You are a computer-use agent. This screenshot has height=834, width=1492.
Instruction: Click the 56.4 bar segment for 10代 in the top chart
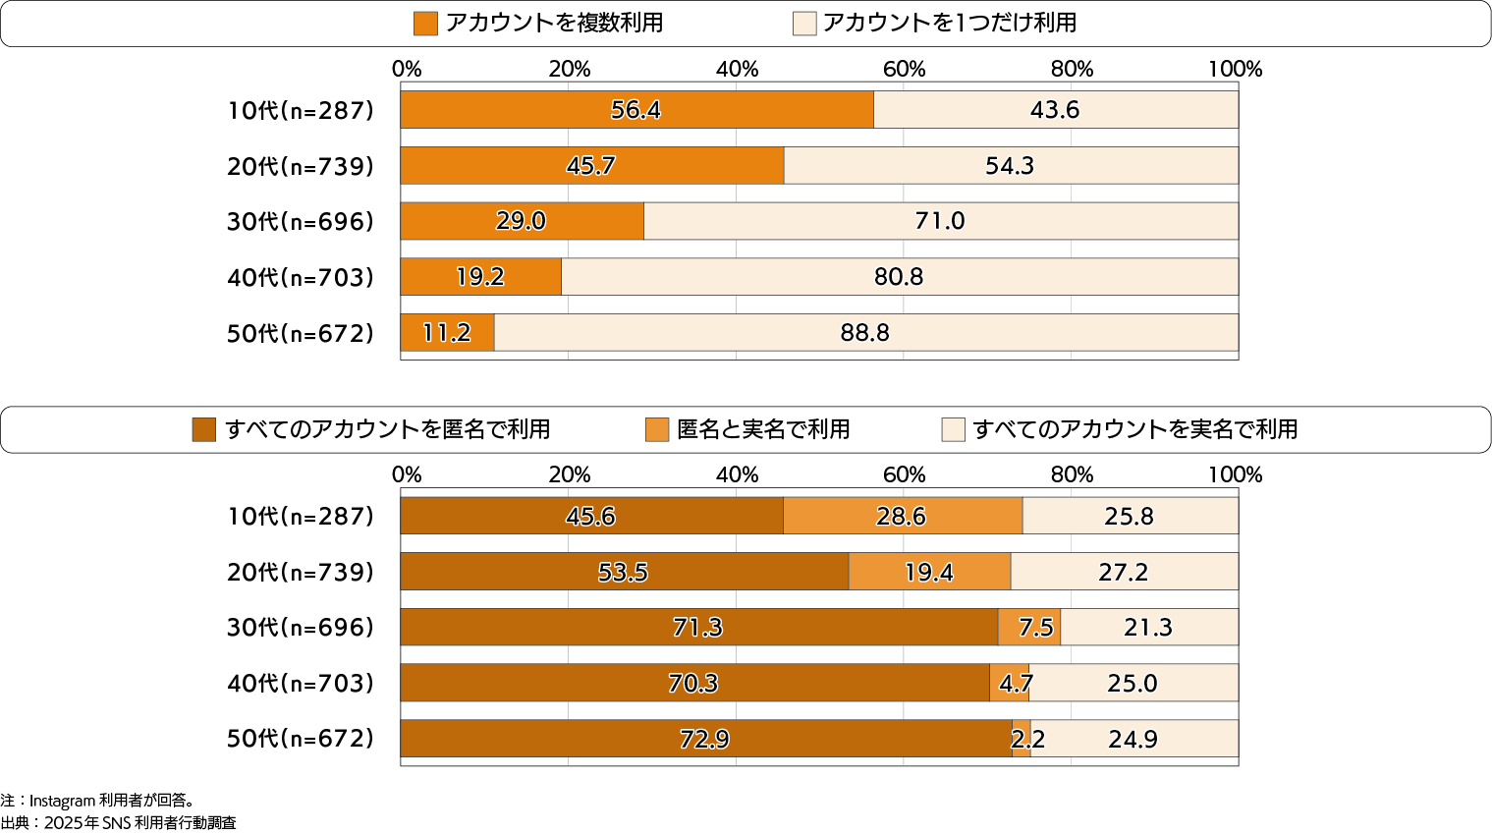coord(636,110)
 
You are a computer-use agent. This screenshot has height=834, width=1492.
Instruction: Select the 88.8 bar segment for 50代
coord(865,333)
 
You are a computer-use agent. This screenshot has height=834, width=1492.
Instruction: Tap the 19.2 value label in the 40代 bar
coord(480,277)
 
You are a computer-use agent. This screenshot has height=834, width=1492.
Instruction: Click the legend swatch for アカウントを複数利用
coord(425,24)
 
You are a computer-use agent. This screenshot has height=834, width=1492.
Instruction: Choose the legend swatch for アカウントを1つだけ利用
coord(804,24)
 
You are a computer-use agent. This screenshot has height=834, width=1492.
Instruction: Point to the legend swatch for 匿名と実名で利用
coord(657,429)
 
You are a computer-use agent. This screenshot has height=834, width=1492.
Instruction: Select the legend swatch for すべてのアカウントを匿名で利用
coord(204,429)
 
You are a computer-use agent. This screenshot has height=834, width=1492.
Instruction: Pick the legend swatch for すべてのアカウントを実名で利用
coord(953,429)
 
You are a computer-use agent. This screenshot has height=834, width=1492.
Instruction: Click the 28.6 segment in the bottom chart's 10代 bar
coord(902,516)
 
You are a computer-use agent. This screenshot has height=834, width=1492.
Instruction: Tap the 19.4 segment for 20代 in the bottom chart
coord(929,572)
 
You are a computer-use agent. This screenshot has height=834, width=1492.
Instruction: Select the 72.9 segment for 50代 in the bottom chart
coord(705,739)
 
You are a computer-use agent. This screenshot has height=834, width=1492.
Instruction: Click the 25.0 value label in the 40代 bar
coord(1133,684)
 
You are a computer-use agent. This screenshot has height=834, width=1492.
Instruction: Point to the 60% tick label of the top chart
coord(904,69)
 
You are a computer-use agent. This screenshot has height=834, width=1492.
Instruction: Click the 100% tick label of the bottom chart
coord(1235,474)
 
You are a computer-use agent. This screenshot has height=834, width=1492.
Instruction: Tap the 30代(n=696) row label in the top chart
coord(301,222)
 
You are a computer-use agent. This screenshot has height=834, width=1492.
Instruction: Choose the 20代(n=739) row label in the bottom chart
coord(301,573)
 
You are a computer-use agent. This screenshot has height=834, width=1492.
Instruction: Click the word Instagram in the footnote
coord(62,801)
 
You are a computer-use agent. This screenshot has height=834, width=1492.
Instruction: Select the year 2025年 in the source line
coord(72,823)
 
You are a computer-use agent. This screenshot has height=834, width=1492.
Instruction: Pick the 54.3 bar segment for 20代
coord(1010,166)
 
